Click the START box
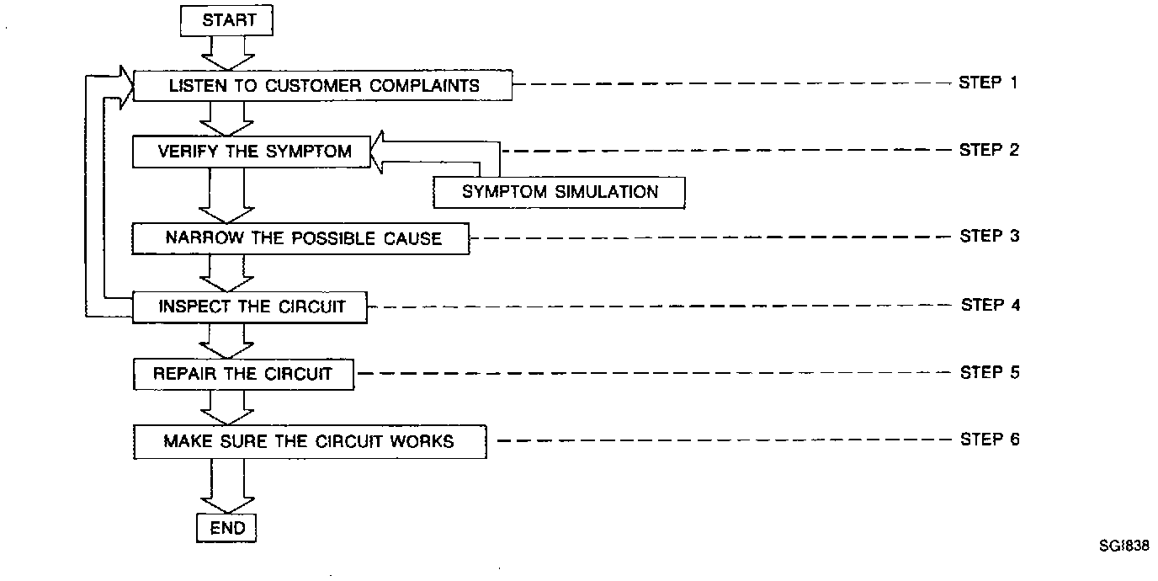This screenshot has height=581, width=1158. tap(227, 20)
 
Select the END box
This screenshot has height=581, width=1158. tap(227, 529)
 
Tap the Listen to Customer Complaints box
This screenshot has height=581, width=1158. tap(323, 85)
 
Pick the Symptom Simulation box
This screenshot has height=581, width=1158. tap(560, 192)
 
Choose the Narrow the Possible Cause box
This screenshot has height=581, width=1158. tap(301, 238)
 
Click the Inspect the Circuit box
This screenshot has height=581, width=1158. tap(251, 306)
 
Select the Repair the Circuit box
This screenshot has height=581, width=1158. tap(243, 374)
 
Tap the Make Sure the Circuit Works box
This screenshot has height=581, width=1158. tap(310, 441)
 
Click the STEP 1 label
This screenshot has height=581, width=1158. tap(989, 83)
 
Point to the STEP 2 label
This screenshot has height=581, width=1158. tap(989, 150)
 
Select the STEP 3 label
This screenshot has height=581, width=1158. tap(989, 236)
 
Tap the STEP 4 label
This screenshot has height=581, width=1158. tap(990, 304)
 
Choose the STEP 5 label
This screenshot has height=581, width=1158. tap(989, 371)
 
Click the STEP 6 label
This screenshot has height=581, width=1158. tap(989, 440)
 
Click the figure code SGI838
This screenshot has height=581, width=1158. tap(1123, 545)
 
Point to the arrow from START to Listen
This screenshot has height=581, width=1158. tap(227, 52)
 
